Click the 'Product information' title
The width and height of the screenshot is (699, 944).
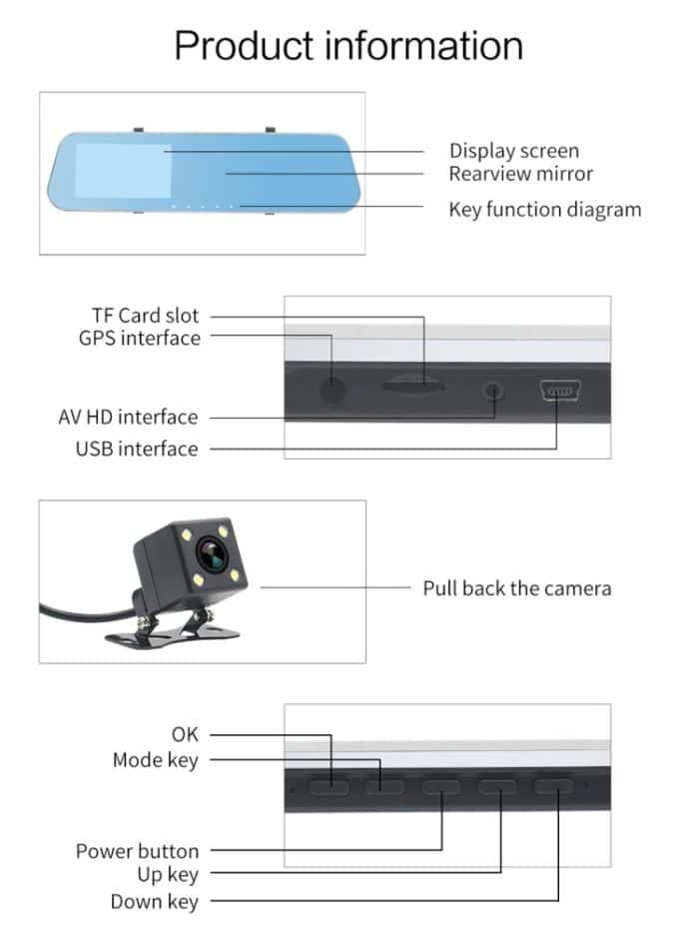(349, 46)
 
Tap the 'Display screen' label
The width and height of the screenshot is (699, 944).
(513, 151)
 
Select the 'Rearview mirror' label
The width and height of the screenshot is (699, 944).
(520, 174)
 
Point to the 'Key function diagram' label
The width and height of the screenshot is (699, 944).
(544, 209)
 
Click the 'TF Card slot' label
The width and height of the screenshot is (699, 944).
(145, 316)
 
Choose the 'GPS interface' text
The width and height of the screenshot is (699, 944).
(139, 338)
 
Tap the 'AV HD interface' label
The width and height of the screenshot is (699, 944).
(128, 417)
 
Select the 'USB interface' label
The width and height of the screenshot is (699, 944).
(137, 449)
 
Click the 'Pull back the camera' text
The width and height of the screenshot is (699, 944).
(516, 587)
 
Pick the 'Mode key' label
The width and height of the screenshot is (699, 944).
(155, 760)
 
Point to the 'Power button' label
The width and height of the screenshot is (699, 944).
(137, 851)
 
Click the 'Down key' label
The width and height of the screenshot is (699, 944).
(154, 902)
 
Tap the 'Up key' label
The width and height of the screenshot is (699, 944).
(168, 875)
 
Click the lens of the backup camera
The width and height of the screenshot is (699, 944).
(210, 551)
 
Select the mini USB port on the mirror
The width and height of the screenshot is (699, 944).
(558, 390)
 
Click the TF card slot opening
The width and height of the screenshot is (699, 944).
(412, 383)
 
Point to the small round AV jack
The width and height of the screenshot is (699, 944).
(491, 389)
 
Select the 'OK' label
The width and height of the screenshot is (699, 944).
(185, 734)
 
